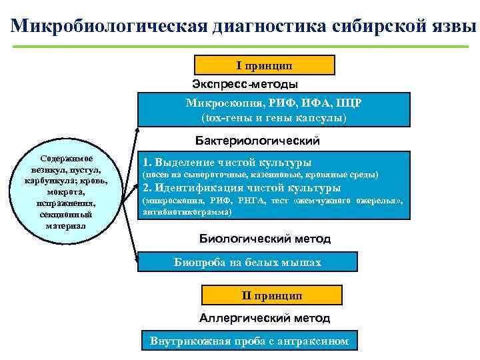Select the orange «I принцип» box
coord(264,65)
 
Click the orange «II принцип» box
coord(271,295)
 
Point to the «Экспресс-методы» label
coord(245,84)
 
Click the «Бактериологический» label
coord(257,141)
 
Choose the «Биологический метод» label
coord(265,239)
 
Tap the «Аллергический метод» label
coord(264,319)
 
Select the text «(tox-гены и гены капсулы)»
coord(274,118)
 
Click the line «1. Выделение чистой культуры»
coord(227,162)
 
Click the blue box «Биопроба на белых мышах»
coord(247,262)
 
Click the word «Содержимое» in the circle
coord(67,159)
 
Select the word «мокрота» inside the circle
coord(66,192)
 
